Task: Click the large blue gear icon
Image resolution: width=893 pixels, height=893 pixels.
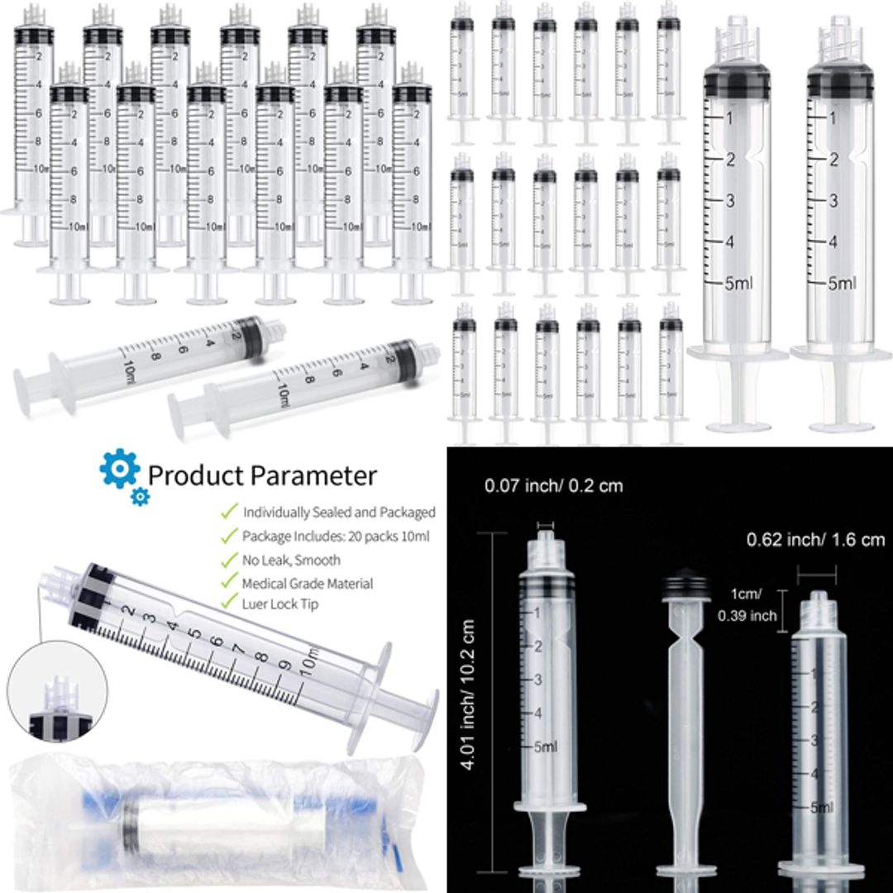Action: (119, 469)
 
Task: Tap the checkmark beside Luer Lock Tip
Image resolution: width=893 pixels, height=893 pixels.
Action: (229, 603)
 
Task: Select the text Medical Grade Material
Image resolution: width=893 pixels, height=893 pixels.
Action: (307, 583)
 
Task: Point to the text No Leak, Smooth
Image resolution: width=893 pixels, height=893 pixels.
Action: (291, 560)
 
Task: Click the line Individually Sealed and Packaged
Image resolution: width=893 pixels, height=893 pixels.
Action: (338, 513)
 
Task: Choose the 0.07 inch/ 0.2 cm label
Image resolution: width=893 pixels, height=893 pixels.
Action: (553, 486)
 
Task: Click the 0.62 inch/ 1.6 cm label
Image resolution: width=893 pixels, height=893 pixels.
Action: (815, 540)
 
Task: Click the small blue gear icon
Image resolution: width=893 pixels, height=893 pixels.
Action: (141, 496)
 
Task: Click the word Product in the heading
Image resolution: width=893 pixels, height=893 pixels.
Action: (195, 475)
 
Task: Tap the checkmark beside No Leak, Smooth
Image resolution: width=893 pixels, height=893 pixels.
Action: (229, 559)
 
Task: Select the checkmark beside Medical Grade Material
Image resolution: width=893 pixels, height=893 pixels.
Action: (229, 582)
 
